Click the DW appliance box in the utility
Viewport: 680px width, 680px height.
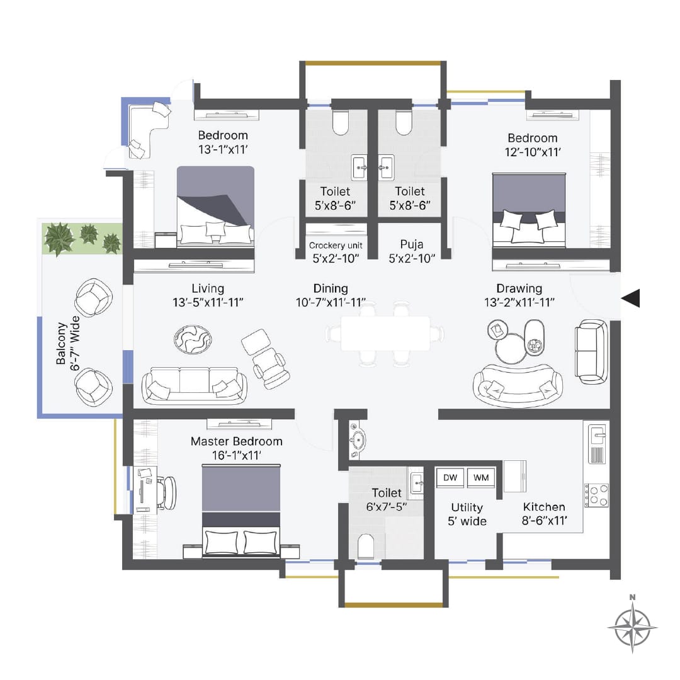[450, 478]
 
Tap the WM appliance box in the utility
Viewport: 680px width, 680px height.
[481, 478]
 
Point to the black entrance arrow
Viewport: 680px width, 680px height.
[630, 298]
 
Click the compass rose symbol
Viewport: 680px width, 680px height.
[633, 626]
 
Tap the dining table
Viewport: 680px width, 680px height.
[385, 333]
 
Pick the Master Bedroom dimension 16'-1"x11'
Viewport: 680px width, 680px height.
[235, 455]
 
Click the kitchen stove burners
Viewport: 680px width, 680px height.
[596, 495]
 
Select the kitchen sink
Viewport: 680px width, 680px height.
[596, 434]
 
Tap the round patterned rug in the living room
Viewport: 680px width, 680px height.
[192, 339]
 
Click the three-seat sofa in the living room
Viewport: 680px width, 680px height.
[194, 385]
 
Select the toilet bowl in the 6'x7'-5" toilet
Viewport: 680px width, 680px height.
[366, 545]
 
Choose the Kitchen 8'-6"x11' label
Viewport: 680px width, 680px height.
[544, 513]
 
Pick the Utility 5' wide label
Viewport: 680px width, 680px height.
[468, 514]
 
